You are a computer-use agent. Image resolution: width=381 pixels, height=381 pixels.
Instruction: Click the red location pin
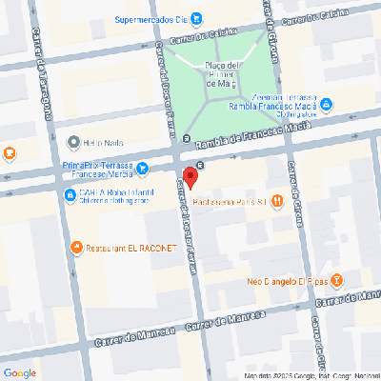tap(189, 178)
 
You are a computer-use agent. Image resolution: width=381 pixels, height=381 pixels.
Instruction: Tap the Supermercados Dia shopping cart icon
tap(195, 17)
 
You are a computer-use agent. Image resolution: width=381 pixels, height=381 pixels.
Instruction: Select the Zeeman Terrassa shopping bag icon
tap(326, 103)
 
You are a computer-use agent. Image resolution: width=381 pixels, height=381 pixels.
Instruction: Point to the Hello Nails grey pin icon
tap(73, 143)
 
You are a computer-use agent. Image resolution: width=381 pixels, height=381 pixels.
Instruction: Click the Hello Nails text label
tap(106, 143)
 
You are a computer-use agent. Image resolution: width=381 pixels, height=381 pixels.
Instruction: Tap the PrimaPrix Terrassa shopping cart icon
tap(142, 170)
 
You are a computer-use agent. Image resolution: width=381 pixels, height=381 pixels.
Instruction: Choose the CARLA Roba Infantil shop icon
tap(70, 195)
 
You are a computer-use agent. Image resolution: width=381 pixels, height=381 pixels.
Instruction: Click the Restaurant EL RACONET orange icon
tap(76, 248)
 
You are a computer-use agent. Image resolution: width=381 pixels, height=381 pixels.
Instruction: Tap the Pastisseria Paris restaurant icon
tap(276, 200)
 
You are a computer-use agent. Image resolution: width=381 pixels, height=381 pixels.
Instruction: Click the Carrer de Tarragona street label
tap(44, 86)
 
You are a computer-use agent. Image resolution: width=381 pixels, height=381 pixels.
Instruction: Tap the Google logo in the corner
tap(20, 371)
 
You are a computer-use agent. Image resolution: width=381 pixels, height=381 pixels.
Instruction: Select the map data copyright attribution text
tap(310, 376)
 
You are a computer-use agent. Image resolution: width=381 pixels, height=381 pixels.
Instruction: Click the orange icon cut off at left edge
tap(7, 152)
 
